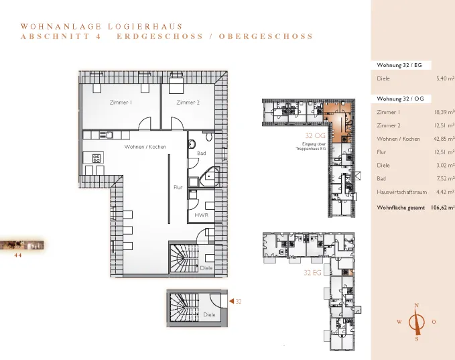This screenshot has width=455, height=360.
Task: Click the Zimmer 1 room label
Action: pos(121,103)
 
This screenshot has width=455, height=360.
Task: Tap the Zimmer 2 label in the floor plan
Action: pos(188,103)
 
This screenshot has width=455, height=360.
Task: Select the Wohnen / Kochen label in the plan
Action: pos(145,147)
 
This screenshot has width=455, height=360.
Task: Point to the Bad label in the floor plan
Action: pos(202,153)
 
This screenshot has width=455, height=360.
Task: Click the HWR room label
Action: pos(202,215)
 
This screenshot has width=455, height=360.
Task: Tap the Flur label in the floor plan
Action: pos(178,187)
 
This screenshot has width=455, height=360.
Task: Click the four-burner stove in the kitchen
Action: pos(96,158)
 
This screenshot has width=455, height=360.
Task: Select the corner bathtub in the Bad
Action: pos(209,176)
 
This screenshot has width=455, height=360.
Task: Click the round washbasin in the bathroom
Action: pos(192,143)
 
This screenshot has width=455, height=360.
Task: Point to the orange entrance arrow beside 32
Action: pos(232,301)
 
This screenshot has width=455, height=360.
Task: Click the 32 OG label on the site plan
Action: pos(315,135)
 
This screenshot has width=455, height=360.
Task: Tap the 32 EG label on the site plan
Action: pos(312,273)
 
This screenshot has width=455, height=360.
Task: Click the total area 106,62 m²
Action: pos(443,208)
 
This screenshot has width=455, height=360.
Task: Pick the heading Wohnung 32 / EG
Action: pos(399,65)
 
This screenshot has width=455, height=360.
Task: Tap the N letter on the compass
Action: pos(416,306)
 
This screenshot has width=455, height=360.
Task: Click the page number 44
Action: pos(18,255)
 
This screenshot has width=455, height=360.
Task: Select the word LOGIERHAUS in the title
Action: pos(145,27)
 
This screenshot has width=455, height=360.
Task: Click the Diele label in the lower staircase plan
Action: pos(209,314)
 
